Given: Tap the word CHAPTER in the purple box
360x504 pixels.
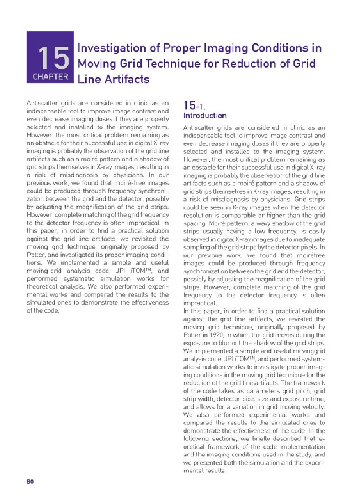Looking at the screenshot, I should pyautogui.click(x=50, y=77).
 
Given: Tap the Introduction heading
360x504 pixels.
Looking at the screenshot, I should pyautogui.click(x=204, y=116).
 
